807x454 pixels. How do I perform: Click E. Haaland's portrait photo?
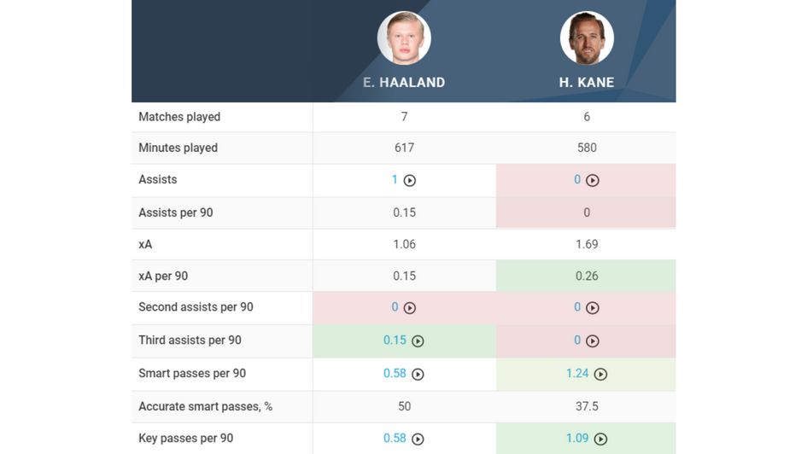pyautogui.click(x=404, y=38)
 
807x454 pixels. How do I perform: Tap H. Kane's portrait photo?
pyautogui.click(x=587, y=38)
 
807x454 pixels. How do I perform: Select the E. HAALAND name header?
pyautogui.click(x=404, y=83)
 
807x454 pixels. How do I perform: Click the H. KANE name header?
pyautogui.click(x=587, y=83)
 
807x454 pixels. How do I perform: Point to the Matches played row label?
pyautogui.click(x=179, y=117)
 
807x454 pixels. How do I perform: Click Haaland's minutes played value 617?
pyautogui.click(x=404, y=148)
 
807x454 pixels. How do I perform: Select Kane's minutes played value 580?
pyautogui.click(x=587, y=148)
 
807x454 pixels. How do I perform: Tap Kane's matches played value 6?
pyautogui.click(x=587, y=117)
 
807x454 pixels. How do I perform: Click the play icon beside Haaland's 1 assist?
pyautogui.click(x=410, y=181)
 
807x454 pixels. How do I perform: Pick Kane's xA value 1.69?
pyautogui.click(x=587, y=244)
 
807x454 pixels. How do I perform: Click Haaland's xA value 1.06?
pyautogui.click(x=404, y=244)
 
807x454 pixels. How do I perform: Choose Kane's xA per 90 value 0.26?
pyautogui.click(x=587, y=276)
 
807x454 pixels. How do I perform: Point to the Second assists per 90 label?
pyautogui.click(x=196, y=307)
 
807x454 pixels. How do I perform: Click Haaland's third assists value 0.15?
pyautogui.click(x=395, y=340)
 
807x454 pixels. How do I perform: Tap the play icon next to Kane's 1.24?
pyautogui.click(x=601, y=374)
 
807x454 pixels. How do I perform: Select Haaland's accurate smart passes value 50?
pyautogui.click(x=404, y=406)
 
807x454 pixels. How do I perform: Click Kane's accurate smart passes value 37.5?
pyautogui.click(x=587, y=406)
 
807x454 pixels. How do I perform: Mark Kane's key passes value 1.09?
pyautogui.click(x=577, y=438)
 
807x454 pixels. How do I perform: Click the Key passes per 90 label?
pyautogui.click(x=185, y=438)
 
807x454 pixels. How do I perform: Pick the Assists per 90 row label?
pyautogui.click(x=175, y=212)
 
